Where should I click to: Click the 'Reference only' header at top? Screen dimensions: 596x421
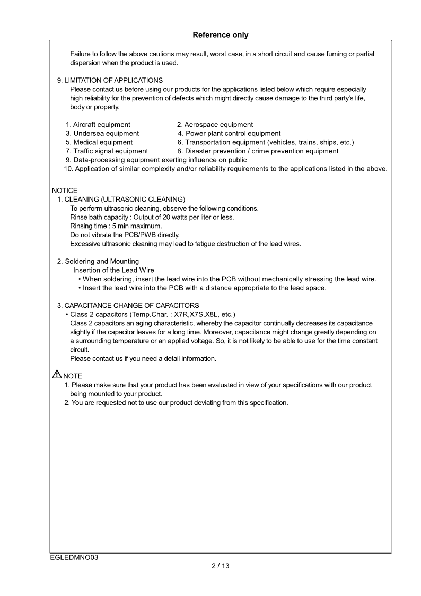pos(220,35)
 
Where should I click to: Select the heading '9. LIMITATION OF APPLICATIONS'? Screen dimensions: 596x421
pos(110,80)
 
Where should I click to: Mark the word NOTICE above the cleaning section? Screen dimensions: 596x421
pos(65,190)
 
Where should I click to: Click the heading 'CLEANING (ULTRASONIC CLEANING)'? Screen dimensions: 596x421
pos(125,199)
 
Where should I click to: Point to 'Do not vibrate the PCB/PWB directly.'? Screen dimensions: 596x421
pos(125,235)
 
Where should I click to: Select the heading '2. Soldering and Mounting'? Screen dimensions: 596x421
pos(98,261)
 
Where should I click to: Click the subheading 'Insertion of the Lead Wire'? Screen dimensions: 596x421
pos(113,270)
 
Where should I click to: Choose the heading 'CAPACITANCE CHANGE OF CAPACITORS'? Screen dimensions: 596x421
pos(131,305)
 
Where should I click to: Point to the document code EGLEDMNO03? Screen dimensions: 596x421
pos(75,557)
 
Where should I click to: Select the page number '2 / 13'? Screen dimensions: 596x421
pos(220,566)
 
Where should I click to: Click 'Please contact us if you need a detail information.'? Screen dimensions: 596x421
pos(143,358)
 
